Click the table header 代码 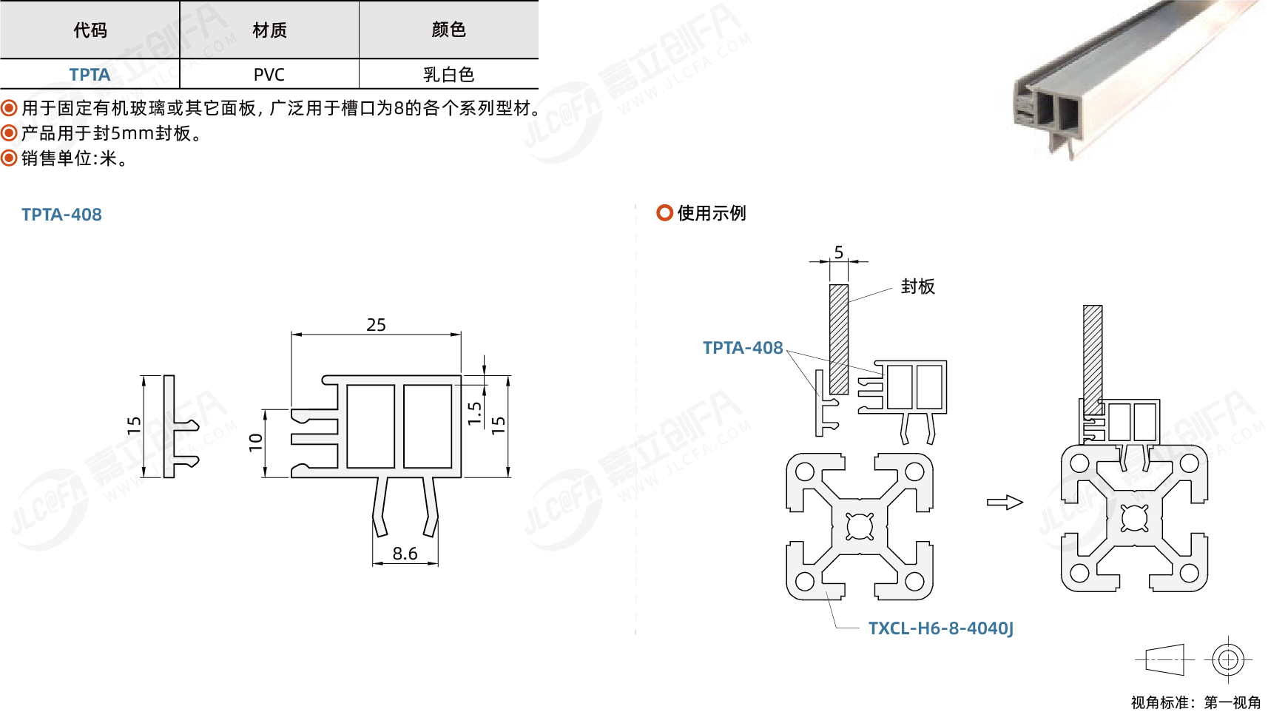click(90, 30)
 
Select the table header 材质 click(269, 30)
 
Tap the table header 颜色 click(448, 30)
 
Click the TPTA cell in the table click(90, 75)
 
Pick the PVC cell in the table click(269, 75)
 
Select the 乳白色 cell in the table click(448, 75)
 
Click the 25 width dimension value click(376, 325)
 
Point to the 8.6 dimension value click(405, 554)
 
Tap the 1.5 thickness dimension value click(474, 414)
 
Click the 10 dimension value click(256, 443)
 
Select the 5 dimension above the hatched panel click(839, 252)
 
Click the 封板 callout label click(918, 286)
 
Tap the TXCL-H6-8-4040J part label click(940, 628)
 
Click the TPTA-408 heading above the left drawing click(61, 215)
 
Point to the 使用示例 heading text click(712, 213)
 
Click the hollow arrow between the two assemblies click(1005, 503)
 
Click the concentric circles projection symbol click(1228, 659)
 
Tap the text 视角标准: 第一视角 click(1196, 702)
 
